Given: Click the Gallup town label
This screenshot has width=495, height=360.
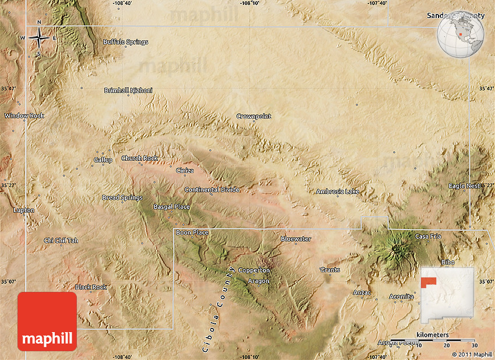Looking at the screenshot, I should pos(103,160).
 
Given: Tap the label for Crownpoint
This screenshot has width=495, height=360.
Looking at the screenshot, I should pos(253,117).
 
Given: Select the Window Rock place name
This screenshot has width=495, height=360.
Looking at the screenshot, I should pos(24,116).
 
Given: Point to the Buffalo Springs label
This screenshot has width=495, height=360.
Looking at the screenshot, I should pos(125,42).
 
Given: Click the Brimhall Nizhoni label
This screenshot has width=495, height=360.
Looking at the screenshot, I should pos(128,90).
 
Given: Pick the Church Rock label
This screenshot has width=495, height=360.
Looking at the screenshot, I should pos(140,158).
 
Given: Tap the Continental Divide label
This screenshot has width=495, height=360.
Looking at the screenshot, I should pos(212,190).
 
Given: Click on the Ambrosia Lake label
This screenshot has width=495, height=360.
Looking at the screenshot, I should pos(338,191).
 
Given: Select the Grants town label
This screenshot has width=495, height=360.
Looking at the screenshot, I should pos(330,270).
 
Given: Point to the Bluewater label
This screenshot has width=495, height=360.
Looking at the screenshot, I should pos(296,239).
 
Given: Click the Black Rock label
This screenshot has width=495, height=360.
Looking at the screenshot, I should pos(91,287).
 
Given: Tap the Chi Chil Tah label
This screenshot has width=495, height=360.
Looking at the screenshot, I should pos(61,241).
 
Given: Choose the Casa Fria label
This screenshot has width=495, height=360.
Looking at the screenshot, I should pos(428,237).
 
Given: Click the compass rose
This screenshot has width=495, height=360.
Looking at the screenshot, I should pos(39,39).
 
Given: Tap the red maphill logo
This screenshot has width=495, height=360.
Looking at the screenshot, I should pos(47,322).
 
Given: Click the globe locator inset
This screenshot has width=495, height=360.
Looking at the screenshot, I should pos(462,33).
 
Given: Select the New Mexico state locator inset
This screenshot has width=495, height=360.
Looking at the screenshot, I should pos(447,298).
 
